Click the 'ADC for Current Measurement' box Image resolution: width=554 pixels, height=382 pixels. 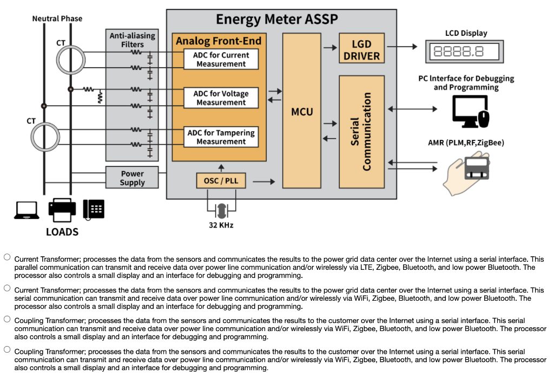[x=221, y=60]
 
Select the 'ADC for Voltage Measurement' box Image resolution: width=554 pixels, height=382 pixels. [x=221, y=98]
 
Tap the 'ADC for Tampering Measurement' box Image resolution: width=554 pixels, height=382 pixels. [x=221, y=137]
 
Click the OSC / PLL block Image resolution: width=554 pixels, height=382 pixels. [x=221, y=180]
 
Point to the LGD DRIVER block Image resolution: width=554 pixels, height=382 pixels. [x=361, y=49]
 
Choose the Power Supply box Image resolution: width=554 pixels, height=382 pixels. [x=133, y=178]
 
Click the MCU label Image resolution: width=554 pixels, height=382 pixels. [x=302, y=112]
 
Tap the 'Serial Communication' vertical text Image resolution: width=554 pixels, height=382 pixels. [x=361, y=132]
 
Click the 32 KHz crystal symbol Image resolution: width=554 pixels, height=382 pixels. [x=221, y=209]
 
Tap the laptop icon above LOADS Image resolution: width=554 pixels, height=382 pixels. [x=27, y=210]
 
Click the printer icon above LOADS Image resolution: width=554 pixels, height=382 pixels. [x=63, y=210]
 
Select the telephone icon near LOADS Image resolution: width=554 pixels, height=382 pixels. [x=94, y=209]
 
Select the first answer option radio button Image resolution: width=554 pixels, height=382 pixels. [x=7, y=257]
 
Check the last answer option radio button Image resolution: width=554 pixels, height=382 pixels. [x=7, y=349]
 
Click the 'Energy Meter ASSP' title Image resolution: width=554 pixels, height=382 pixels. [x=276, y=20]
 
